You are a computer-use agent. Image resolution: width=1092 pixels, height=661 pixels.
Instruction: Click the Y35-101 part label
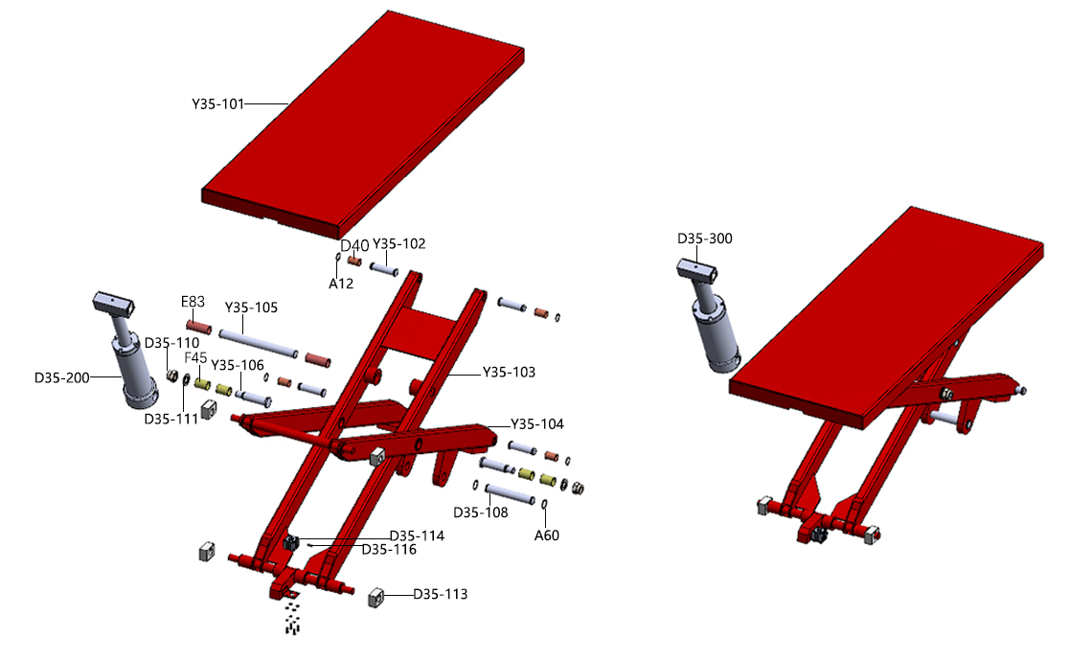pyautogui.click(x=218, y=103)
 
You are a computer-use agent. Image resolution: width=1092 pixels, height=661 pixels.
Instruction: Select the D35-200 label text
pyautogui.click(x=62, y=377)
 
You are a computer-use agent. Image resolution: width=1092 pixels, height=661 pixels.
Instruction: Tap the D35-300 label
pyautogui.click(x=705, y=239)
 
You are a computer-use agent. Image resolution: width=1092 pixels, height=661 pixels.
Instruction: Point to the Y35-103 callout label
pyautogui.click(x=509, y=372)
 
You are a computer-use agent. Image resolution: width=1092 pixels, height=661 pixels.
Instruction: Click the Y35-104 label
pyautogui.click(x=537, y=424)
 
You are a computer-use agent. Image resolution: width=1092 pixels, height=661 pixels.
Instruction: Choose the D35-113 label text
pyautogui.click(x=440, y=594)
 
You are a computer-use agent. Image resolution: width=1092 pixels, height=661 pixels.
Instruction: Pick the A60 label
pyautogui.click(x=547, y=535)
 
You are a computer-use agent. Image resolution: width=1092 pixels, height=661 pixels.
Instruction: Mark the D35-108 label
pyautogui.click(x=481, y=512)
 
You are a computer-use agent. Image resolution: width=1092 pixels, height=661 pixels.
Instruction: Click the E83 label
pyautogui.click(x=193, y=302)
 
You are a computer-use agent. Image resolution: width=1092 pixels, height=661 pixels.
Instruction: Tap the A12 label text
pyautogui.click(x=341, y=284)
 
